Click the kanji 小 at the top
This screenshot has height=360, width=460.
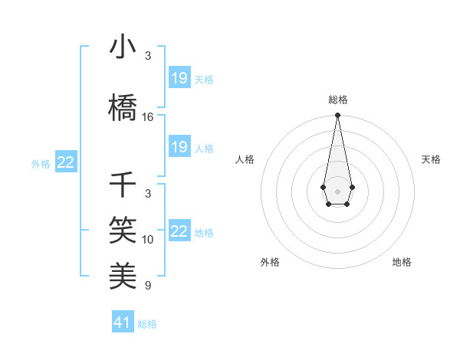point(123,47)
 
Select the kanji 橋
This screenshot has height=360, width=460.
point(123,108)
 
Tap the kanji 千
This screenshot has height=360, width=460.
point(123,185)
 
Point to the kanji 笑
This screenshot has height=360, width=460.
point(123,229)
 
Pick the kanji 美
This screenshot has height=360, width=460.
point(123,275)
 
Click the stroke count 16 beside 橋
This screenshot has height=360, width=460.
point(148,117)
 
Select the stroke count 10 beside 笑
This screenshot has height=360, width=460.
point(148,240)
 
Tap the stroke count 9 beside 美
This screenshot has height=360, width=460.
point(148,286)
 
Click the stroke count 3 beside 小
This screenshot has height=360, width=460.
point(148,56)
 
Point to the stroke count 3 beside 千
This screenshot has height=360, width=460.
point(148,194)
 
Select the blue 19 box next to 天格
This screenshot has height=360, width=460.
point(179,78)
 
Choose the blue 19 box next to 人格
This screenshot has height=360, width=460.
point(179,147)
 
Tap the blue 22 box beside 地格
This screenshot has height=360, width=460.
point(179,231)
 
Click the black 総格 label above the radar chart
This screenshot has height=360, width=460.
point(337,100)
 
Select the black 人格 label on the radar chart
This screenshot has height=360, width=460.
point(245,159)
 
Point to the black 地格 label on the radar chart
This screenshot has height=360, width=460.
point(402,262)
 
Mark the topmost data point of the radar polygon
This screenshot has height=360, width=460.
point(337,116)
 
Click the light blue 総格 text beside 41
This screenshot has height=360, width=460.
point(147,324)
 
